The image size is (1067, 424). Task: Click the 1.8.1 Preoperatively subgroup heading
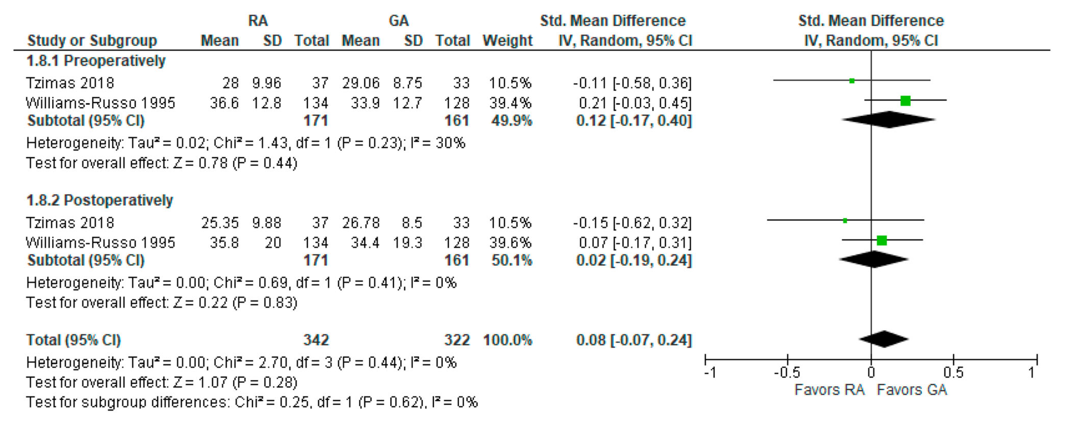pos(96,61)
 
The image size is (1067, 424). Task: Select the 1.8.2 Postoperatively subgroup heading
pos(99,201)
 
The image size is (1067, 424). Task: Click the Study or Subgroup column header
pos(92,41)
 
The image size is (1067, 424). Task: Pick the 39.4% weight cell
pos(510,103)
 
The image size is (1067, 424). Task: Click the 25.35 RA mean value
pos(220,223)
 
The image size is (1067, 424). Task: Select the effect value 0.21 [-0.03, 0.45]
pos(635,103)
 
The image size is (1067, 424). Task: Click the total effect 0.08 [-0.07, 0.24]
pos(634,340)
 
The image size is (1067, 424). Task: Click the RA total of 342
pos(316,340)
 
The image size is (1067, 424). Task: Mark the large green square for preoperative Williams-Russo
pos(906,100)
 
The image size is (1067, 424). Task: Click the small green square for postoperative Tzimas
pos(845,220)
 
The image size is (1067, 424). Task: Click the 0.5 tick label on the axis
pos(953,373)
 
